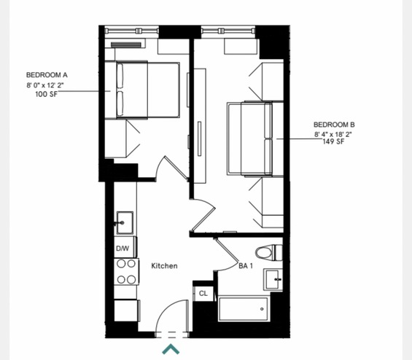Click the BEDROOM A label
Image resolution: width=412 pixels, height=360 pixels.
point(47,75)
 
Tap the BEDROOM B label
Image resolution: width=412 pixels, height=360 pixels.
point(334,125)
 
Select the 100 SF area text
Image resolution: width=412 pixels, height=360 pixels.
point(46,94)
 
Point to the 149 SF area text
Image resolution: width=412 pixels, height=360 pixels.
point(333,141)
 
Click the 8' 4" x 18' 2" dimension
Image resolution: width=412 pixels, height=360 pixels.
point(333,134)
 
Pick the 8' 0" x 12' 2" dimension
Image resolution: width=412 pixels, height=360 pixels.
point(45,85)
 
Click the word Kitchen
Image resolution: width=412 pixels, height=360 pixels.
point(165,266)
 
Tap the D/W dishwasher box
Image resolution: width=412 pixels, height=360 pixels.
point(125,247)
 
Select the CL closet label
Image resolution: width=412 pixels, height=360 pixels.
point(203,293)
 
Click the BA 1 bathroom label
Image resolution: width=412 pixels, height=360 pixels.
point(246,266)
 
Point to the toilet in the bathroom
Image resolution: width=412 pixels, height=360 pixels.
point(269,253)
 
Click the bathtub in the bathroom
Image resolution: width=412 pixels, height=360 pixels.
point(243,309)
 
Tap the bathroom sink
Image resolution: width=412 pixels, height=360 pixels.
point(273,280)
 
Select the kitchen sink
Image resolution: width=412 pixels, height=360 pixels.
point(125,223)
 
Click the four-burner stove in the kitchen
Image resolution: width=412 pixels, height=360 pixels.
point(126,272)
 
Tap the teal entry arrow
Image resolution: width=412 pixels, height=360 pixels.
point(171,349)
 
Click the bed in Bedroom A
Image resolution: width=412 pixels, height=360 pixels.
point(148,90)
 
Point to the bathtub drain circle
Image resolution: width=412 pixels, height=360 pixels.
point(262,309)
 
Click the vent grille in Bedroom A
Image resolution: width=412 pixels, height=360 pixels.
point(126,45)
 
